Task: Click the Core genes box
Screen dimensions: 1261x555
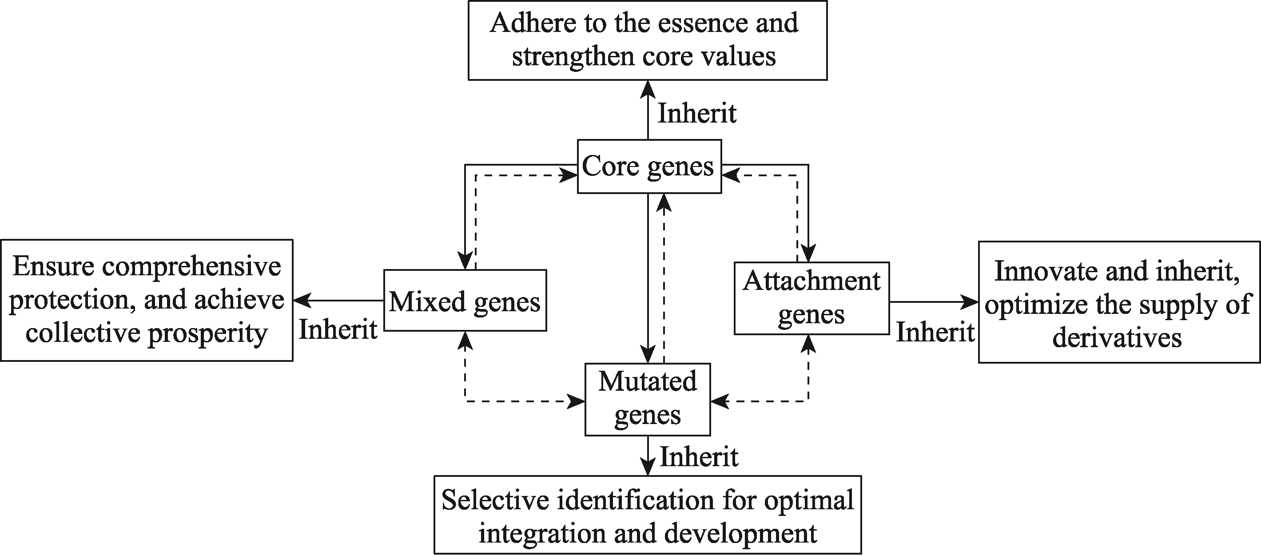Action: coord(649,166)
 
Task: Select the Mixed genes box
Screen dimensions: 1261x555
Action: coord(465,300)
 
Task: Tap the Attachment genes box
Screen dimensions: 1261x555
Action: coord(811,298)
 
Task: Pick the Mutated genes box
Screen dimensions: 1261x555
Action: coord(648,399)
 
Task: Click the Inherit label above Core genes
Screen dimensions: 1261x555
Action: coord(697,114)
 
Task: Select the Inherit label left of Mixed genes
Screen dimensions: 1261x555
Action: coord(338,329)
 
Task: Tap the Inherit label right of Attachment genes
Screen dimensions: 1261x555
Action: coord(935,332)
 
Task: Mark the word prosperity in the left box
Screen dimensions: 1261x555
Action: coord(208,334)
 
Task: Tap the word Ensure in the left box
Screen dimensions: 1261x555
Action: coord(53,267)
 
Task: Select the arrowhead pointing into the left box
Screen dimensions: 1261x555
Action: coord(302,301)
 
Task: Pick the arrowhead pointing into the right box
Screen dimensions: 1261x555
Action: coord(970,302)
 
